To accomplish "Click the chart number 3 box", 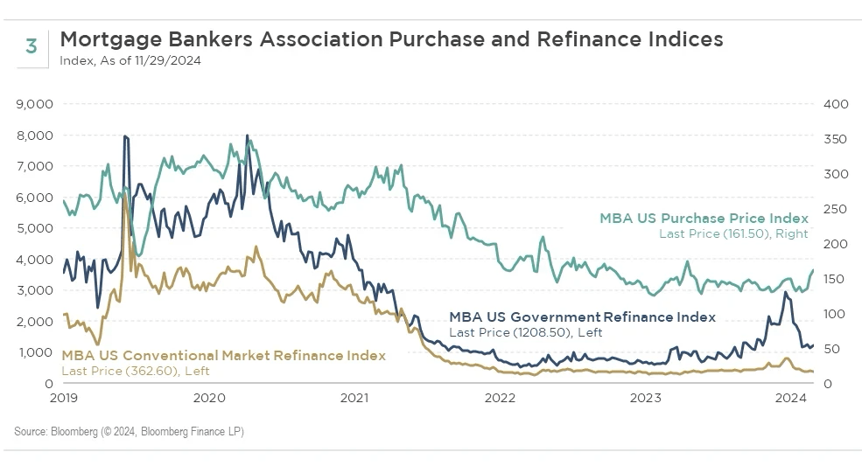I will (x=32, y=47).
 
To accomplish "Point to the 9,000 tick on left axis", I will (x=35, y=104).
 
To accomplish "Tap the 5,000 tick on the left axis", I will (x=35, y=228).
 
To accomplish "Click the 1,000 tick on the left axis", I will (x=35, y=352).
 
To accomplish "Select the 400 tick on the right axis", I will (x=837, y=104).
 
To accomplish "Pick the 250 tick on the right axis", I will (x=837, y=209).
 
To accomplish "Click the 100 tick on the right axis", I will (x=837, y=314).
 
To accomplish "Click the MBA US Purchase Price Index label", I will (x=704, y=219).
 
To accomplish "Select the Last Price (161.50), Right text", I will (x=733, y=233).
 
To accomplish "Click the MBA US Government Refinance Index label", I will (x=582, y=317).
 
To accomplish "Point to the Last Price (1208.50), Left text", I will (x=525, y=332).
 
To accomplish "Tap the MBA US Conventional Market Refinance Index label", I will (x=223, y=356).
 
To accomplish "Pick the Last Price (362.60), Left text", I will (x=136, y=371).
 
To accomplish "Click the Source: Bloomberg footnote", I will (x=129, y=432).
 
